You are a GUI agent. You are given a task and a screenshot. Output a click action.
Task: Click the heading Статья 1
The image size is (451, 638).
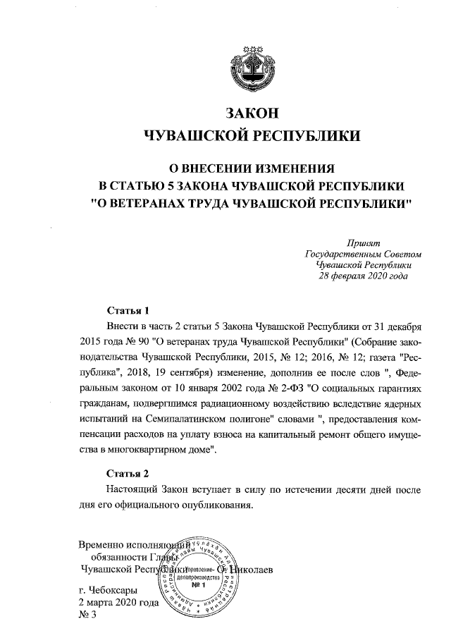coord(128,311)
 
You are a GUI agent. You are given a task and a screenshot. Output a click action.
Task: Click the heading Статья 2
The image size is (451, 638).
coord(128,473)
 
